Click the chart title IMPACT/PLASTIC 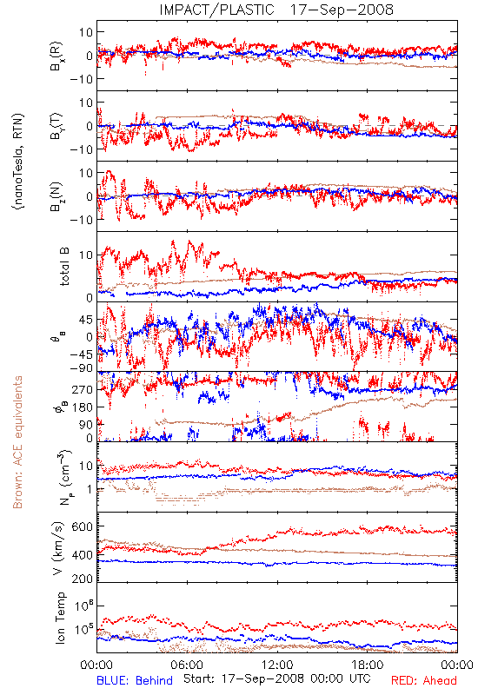pos(216,10)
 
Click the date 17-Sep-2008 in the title pos(342,10)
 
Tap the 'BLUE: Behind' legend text pos(135,680)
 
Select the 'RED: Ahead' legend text pos(423,680)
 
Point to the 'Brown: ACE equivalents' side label pos(17,442)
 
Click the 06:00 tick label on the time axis pos(187,665)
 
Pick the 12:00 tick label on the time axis pos(277,665)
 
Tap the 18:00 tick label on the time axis pos(367,665)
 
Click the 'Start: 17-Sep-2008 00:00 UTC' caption pos(276,678)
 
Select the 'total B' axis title pos(64,266)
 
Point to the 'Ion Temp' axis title pos(60,618)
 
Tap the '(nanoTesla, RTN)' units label pos(18,162)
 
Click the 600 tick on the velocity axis pos(83,526)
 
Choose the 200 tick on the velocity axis pos(83,578)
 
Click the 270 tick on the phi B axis pos(83,389)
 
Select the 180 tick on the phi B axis pos(83,407)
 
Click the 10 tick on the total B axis pos(86,255)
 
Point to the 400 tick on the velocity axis pos(83,554)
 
